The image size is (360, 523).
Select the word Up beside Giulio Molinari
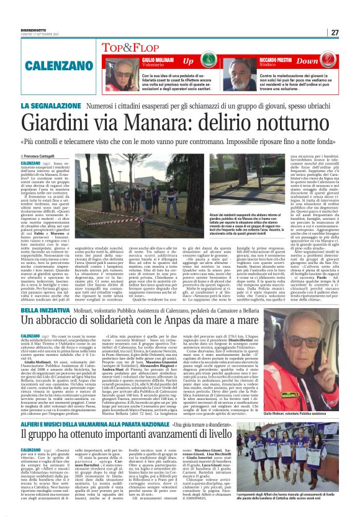point(187,61)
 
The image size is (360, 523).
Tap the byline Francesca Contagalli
point(45,155)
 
